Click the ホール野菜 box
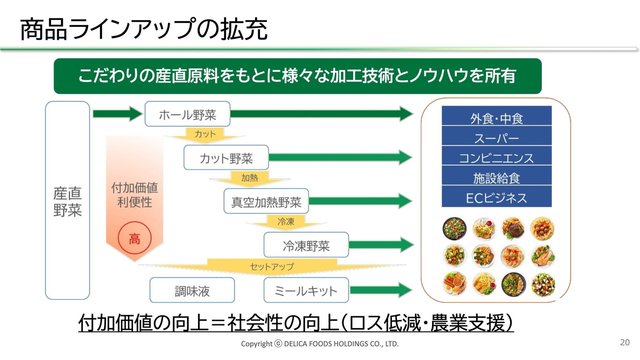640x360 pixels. [x=187, y=114]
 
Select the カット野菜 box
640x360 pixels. [x=226, y=158]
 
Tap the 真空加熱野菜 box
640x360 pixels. [x=266, y=201]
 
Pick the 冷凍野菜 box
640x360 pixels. [x=306, y=245]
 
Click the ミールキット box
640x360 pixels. [x=306, y=290]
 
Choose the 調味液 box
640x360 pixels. [x=192, y=290]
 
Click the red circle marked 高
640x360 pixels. [x=134, y=239]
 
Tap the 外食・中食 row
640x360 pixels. [x=496, y=118]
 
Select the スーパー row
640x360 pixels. [x=496, y=138]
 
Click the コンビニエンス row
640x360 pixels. [x=496, y=158]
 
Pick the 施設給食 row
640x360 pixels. [x=496, y=177]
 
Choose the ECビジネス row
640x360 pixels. [x=496, y=197]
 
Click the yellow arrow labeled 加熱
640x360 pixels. [x=249, y=178]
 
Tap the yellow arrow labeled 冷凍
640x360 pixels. [x=285, y=222]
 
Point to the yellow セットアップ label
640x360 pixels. [x=272, y=266]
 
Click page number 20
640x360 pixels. [x=624, y=342]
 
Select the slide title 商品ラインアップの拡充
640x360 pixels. [x=144, y=29]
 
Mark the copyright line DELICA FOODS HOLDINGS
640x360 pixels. [x=320, y=344]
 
